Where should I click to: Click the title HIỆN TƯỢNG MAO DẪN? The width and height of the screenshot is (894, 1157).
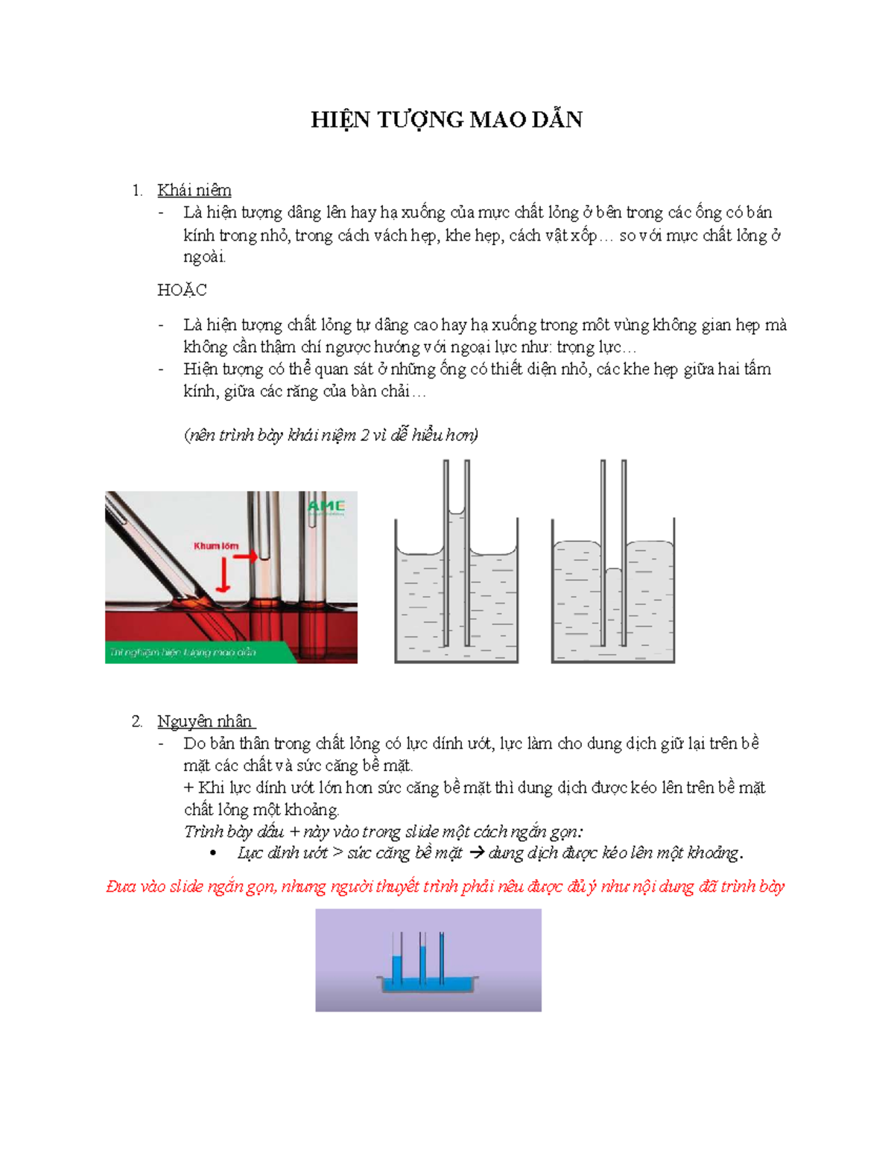[x=446, y=120]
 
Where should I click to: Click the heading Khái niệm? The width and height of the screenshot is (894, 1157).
[x=194, y=190]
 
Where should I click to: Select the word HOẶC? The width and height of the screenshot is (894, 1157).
[x=182, y=290]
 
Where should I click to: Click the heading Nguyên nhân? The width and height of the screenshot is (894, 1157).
[x=206, y=721]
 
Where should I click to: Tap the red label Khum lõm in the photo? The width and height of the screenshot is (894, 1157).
[x=216, y=546]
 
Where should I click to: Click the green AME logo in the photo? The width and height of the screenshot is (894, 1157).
[x=326, y=507]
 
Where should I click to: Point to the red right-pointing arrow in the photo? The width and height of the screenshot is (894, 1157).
[x=249, y=556]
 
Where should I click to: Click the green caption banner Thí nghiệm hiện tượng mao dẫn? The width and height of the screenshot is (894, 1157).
[x=183, y=653]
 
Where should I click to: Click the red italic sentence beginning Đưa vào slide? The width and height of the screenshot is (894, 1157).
[x=445, y=887]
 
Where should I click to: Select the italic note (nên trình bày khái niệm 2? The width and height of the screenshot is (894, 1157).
[x=331, y=435]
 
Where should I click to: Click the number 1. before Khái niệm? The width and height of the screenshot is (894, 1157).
[x=137, y=190]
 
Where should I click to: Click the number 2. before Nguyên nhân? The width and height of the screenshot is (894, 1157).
[x=137, y=721]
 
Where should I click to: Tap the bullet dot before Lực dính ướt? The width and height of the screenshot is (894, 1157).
[x=214, y=854]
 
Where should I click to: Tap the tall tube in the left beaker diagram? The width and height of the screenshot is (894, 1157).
[x=456, y=551]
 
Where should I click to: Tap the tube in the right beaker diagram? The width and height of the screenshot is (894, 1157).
[x=613, y=551]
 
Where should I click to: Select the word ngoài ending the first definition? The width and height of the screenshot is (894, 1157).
[x=204, y=257]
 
